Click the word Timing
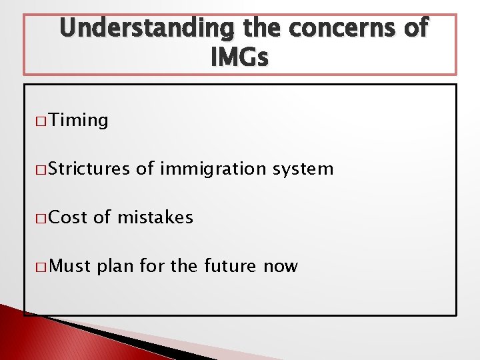click(78, 121)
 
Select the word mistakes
click(155, 217)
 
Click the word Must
click(70, 266)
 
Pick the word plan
click(115, 267)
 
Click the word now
click(280, 267)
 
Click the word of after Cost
click(102, 217)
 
